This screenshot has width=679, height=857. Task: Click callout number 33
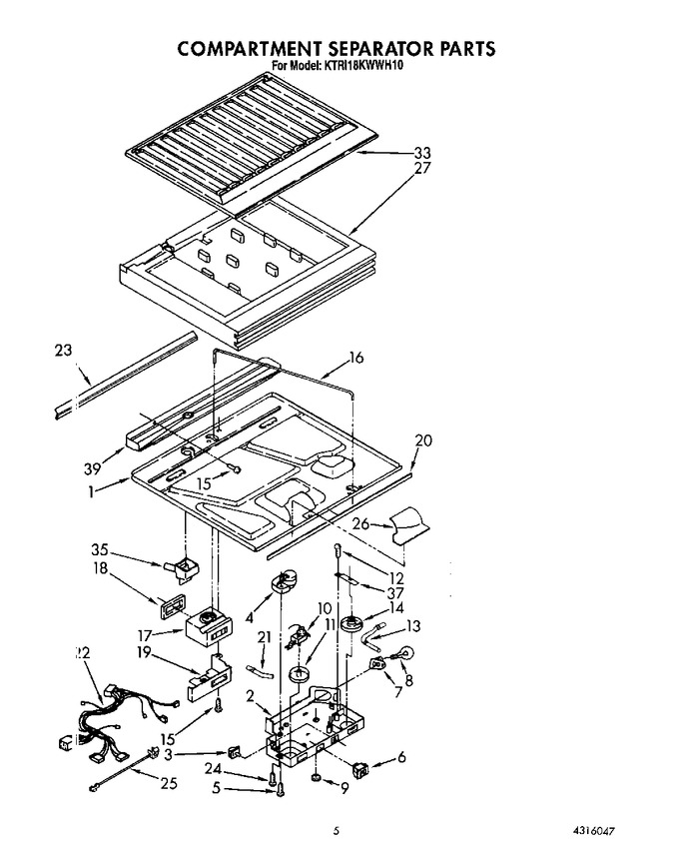tap(421, 153)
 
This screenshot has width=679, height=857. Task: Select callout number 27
tap(422, 169)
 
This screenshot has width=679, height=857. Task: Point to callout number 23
tap(63, 350)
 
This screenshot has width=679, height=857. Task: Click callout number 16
tap(355, 358)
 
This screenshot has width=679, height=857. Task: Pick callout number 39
tap(93, 468)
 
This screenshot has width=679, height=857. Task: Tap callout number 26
tap(360, 524)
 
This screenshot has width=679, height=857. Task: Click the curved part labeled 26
tap(410, 524)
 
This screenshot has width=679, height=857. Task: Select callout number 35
tap(100, 549)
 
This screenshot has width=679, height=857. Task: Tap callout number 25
tap(169, 783)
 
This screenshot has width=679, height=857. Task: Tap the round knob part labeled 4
tap(284, 581)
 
